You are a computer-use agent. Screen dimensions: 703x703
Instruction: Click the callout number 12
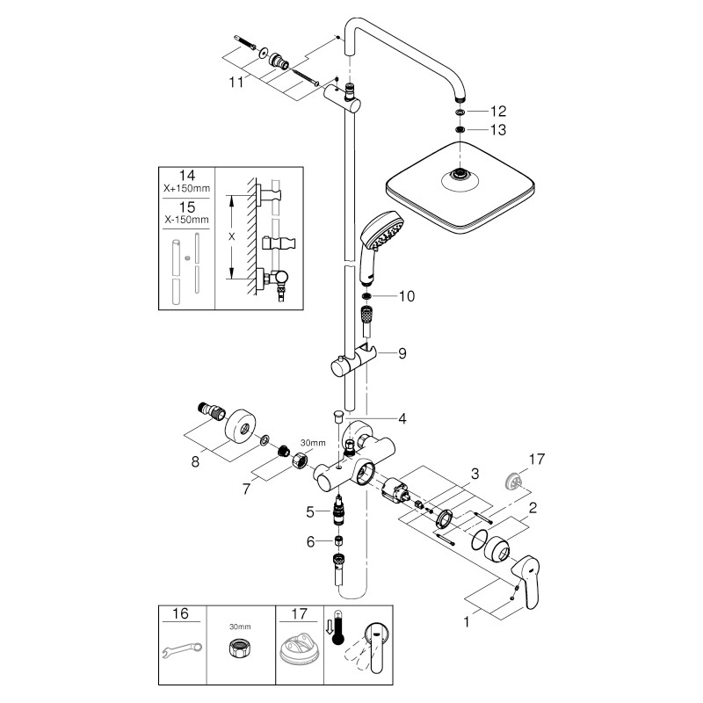pyautogui.click(x=498, y=112)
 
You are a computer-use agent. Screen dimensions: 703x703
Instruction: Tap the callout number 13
pyautogui.click(x=498, y=131)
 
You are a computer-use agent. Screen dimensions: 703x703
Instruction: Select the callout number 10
pyautogui.click(x=406, y=296)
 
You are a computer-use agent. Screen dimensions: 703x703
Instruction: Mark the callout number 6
pyautogui.click(x=309, y=542)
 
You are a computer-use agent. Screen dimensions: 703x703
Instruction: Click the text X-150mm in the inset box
pyautogui.click(x=187, y=219)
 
